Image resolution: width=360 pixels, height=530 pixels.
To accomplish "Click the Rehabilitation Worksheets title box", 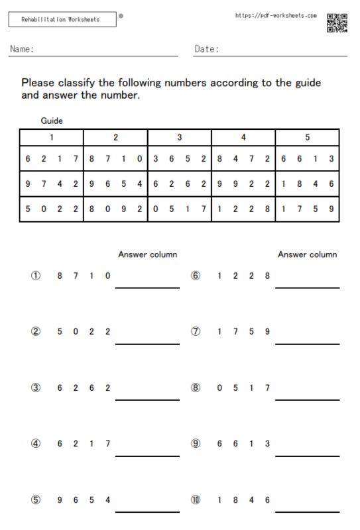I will click(x=62, y=20).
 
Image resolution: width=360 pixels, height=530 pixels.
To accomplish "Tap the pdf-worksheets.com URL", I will click(x=276, y=15).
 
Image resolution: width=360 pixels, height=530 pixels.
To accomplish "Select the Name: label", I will click(x=23, y=49).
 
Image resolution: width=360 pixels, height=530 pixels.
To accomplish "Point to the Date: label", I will click(x=207, y=49).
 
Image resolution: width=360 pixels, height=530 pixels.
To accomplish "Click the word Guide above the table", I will click(x=52, y=121).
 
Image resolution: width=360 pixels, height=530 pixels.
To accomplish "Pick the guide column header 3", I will click(x=180, y=138).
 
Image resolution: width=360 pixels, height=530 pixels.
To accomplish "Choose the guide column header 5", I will click(x=307, y=138).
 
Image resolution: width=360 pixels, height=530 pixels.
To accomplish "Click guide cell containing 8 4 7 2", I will click(x=243, y=159).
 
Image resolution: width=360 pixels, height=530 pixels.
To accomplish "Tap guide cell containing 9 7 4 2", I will click(x=52, y=184).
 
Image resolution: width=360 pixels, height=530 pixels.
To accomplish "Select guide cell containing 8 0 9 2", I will click(x=115, y=209).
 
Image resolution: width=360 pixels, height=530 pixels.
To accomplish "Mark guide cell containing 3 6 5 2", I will click(x=180, y=159).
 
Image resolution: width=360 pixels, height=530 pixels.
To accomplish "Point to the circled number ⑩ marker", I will click(x=196, y=500).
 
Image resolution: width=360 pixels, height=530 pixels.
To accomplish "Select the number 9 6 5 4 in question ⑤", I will click(x=84, y=500).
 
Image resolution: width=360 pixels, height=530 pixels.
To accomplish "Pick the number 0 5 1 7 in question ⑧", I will click(x=243, y=388).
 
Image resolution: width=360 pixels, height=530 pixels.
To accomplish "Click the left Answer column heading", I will click(x=147, y=254).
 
